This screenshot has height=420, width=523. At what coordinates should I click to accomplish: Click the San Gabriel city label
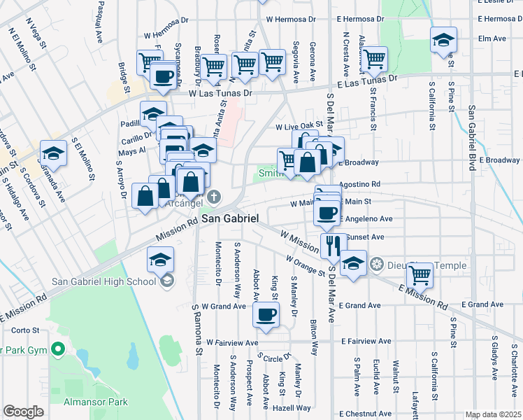coord(230,219)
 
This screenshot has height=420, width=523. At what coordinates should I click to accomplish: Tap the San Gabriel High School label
coord(103,282)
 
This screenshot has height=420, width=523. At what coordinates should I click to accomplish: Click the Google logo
coord(23,412)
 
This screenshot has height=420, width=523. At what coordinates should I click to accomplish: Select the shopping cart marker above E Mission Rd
coord(420,274)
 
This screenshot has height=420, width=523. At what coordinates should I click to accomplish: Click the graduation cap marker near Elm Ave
coord(443,41)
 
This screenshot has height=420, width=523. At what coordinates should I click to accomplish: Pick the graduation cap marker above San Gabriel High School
coord(160,260)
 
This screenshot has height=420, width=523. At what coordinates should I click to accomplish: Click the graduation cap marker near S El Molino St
coord(53,152)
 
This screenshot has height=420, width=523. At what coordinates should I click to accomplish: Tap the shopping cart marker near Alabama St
coord(375,59)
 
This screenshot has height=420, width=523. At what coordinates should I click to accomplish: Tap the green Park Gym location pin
coord(59,348)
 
